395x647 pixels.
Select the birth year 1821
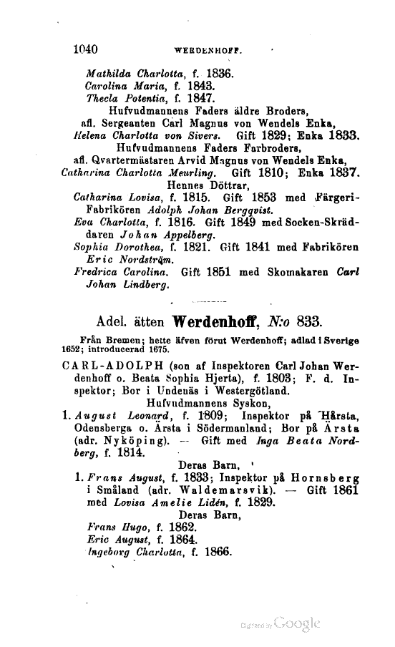176,245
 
